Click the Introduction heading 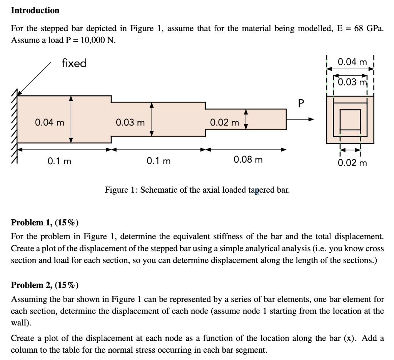pyautogui.click(x=35, y=10)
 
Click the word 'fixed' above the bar pyautogui.click(x=74, y=63)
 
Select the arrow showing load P pyautogui.click(x=301, y=119)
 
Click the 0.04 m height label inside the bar pyautogui.click(x=50, y=123)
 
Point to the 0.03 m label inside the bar pyautogui.click(x=130, y=123)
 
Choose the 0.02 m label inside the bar pyautogui.click(x=225, y=123)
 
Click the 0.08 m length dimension pyautogui.click(x=248, y=160)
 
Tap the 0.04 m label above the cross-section pyautogui.click(x=352, y=62)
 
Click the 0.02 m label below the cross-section pyautogui.click(x=352, y=163)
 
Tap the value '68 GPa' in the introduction pyautogui.click(x=368, y=28)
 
